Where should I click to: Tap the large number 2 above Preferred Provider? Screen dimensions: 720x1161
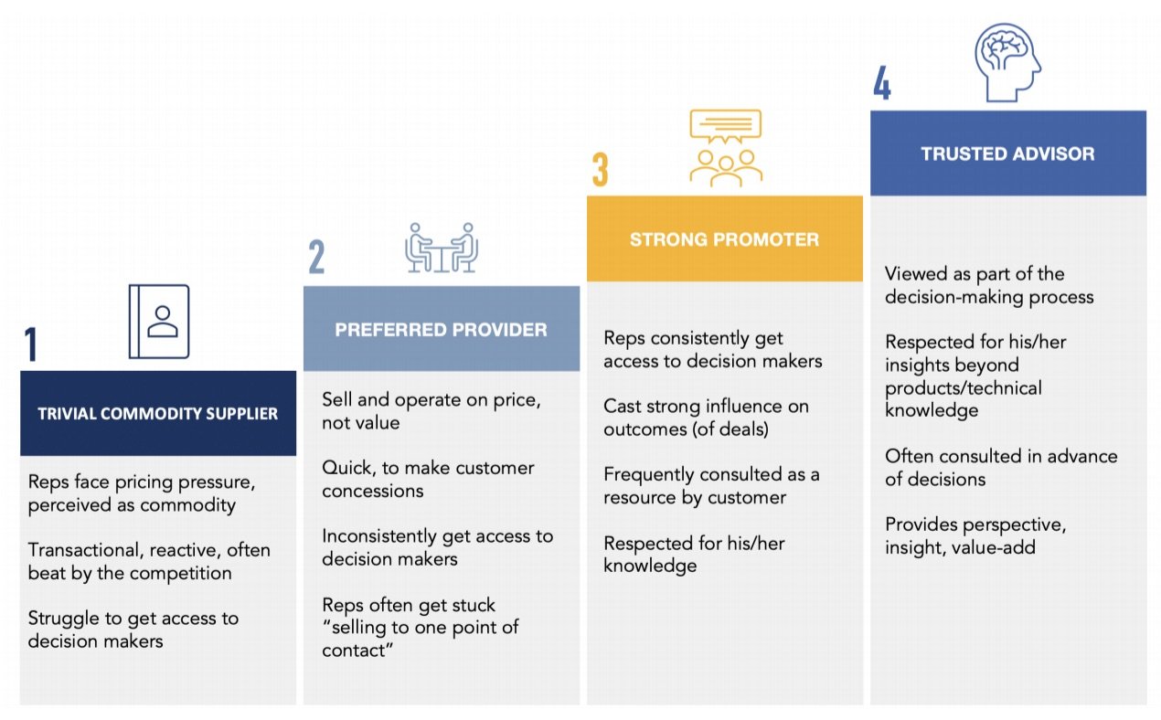coord(316,257)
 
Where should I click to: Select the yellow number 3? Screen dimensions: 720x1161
coord(600,171)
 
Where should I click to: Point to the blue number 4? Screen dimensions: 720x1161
coord(881,85)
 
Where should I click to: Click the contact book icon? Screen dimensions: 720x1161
coord(159,321)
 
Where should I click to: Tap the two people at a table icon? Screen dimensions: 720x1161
coord(442,248)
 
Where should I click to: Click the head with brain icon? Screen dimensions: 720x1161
coord(1007,62)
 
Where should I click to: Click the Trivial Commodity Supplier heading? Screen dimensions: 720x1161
coord(158,414)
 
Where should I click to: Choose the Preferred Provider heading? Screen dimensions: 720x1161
coord(441,330)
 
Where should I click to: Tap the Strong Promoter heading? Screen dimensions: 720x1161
coord(724,239)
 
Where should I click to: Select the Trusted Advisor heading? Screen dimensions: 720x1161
coord(1007,154)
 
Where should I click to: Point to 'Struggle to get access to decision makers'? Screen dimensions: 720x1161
coord(133,630)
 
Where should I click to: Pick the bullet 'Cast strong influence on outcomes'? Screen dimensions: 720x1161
coord(706,418)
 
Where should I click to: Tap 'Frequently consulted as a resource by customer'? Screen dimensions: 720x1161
coord(711,486)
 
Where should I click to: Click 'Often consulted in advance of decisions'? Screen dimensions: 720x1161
coord(1001,467)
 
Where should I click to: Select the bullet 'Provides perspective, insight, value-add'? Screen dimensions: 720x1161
coord(975,535)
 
